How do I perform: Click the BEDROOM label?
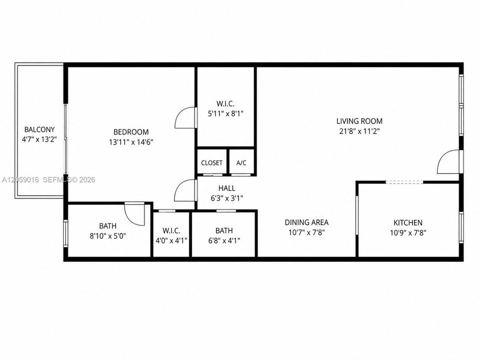tap(131, 132)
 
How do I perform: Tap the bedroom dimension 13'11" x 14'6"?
tap(131, 142)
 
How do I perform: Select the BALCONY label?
tap(39, 129)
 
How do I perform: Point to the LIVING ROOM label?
tap(359, 121)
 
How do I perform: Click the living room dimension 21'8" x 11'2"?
tap(359, 131)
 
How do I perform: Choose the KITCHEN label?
tap(408, 222)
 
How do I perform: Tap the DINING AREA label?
tap(306, 222)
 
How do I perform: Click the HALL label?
tap(227, 188)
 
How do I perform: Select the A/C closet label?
tap(241, 163)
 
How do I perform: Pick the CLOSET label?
tap(212, 163)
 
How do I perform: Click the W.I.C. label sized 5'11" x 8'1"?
tap(225, 104)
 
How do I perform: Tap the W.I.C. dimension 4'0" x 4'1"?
tap(171, 240)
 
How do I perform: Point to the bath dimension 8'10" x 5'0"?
tap(108, 236)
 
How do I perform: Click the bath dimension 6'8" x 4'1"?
tap(224, 240)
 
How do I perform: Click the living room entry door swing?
tap(448, 161)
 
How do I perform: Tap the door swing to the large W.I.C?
tap(185, 118)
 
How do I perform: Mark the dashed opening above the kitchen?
tap(404, 182)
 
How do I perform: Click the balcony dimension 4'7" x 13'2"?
tap(39, 139)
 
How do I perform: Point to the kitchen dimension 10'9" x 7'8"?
tap(408, 232)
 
